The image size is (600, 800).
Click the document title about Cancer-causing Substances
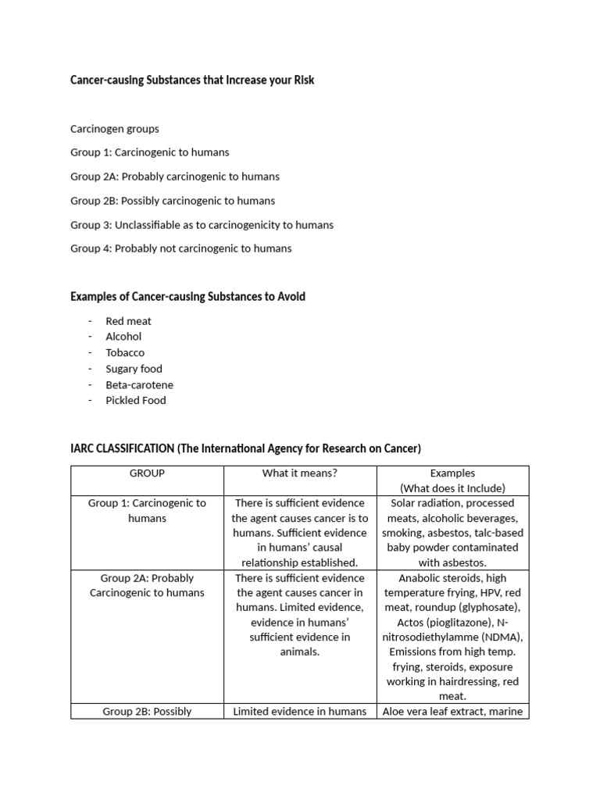(x=192, y=80)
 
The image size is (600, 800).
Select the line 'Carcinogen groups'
(x=114, y=129)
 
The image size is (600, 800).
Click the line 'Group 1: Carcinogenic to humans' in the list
(x=150, y=152)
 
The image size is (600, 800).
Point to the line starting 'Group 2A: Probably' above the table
(x=175, y=177)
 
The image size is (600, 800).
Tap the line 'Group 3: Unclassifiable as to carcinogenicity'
(x=202, y=224)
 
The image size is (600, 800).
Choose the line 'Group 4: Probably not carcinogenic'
(x=180, y=248)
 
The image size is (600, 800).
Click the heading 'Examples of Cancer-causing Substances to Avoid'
(x=187, y=297)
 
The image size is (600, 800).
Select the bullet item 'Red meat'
(x=128, y=321)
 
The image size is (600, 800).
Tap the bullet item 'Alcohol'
(x=123, y=337)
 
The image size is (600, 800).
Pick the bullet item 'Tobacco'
(x=125, y=352)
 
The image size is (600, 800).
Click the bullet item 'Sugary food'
(x=134, y=369)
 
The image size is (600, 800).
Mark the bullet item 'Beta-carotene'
(x=139, y=384)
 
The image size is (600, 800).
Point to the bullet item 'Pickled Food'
(x=136, y=400)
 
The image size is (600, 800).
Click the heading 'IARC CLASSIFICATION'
(x=123, y=448)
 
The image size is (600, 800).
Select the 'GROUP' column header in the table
(x=147, y=473)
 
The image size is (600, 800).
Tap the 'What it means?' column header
(x=300, y=473)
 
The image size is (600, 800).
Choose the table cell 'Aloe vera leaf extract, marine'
(x=452, y=712)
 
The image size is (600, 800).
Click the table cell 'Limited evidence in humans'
(x=300, y=712)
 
